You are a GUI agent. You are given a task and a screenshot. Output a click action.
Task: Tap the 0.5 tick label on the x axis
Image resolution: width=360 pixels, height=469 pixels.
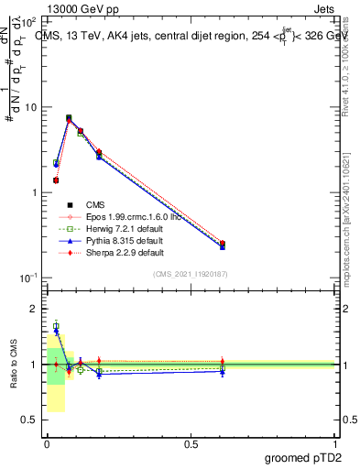point(191,443)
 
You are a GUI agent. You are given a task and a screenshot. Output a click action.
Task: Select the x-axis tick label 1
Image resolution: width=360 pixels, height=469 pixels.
point(334,443)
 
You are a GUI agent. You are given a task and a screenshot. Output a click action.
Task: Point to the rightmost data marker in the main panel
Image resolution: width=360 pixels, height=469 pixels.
point(223,245)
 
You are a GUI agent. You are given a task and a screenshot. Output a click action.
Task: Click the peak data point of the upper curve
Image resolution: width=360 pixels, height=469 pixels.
point(69,118)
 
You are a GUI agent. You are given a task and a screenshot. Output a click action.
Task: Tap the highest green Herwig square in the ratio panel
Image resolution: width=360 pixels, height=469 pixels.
point(56,326)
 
